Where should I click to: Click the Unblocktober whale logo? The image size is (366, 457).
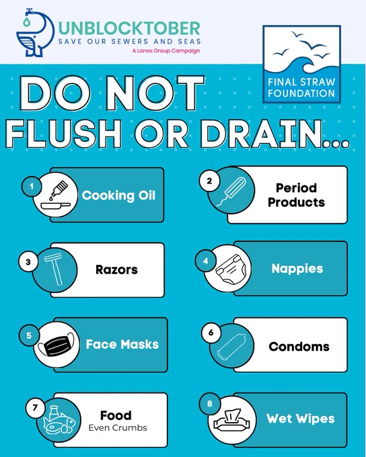[35, 33]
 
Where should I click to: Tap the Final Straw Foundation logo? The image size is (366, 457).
[302, 64]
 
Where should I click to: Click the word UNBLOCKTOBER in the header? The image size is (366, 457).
[129, 28]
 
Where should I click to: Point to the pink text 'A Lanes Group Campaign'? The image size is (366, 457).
[166, 50]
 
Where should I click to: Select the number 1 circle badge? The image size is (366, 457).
[31, 186]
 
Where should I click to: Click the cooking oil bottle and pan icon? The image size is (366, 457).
[56, 195]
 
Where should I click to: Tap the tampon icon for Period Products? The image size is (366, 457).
[231, 191]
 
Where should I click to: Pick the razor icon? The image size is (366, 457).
[54, 269]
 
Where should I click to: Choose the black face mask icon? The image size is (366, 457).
[57, 345]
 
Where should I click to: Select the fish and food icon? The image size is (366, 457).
[59, 420]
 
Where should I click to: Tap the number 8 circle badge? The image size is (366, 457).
[209, 404]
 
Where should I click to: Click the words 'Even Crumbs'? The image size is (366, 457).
[118, 428]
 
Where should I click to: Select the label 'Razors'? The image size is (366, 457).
[116, 269]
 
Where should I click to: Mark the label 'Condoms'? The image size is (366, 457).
[299, 347]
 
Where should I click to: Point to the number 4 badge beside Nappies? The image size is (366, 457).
[205, 261]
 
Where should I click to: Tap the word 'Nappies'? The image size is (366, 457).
[297, 269]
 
